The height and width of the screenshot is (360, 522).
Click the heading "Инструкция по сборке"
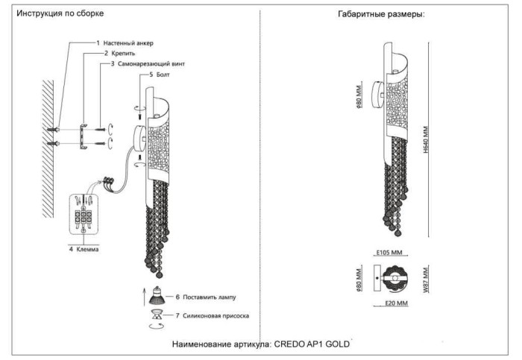point(60,14)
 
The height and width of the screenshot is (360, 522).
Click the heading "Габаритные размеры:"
point(381,14)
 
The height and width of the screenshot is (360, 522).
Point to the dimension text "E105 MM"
point(389,253)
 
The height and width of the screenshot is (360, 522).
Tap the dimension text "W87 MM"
point(426,280)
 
